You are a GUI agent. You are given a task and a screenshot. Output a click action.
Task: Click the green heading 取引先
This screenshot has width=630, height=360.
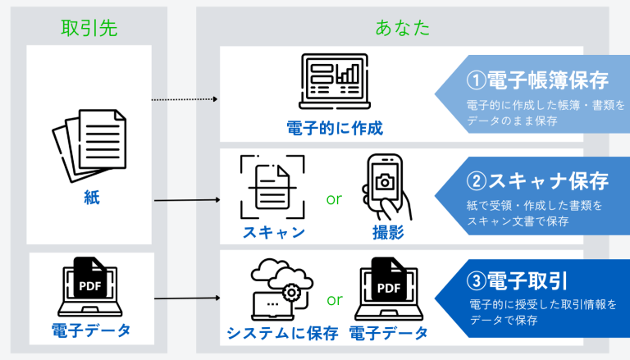[x=89, y=26]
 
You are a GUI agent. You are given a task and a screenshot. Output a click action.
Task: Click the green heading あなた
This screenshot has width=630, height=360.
[x=402, y=26]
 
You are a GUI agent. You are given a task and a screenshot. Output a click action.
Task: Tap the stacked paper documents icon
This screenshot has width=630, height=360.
[x=89, y=148]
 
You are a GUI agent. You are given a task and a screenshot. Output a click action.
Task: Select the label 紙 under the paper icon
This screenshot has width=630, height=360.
[x=91, y=198]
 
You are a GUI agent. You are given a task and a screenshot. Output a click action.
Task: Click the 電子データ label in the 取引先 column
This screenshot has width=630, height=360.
[x=90, y=332]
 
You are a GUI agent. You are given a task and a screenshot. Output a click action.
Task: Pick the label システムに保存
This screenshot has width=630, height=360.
[x=283, y=333]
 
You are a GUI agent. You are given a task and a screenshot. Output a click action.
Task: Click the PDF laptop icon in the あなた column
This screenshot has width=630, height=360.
[x=388, y=288]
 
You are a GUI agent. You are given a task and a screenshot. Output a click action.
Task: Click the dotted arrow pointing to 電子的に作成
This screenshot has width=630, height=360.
[x=185, y=100]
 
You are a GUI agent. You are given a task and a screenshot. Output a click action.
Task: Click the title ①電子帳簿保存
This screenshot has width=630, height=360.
[x=537, y=80]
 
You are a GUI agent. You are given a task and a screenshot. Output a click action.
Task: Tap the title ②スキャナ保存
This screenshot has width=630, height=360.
[x=537, y=180]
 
